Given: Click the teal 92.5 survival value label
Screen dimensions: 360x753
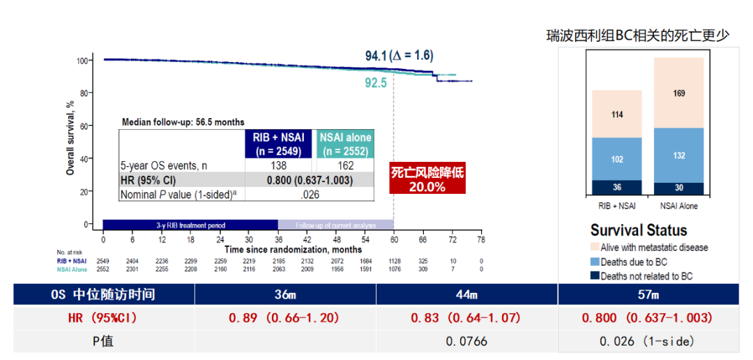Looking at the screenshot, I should (376, 83).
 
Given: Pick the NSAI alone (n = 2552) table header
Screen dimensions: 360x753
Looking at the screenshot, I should (345, 144).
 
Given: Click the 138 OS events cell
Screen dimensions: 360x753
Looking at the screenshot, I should (278, 166).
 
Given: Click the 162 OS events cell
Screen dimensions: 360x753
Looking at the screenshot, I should (345, 166).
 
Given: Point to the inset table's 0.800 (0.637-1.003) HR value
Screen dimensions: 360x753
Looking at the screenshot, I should (310, 180).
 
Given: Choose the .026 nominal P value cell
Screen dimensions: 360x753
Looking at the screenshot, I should (310, 194).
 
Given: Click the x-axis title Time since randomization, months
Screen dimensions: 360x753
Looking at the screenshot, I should (293, 249).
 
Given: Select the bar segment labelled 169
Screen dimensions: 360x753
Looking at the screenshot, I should (678, 93).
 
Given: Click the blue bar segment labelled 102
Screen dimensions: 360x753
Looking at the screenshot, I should (616, 158).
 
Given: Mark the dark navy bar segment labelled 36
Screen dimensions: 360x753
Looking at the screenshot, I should (616, 187).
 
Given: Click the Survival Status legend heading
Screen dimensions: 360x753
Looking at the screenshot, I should (639, 231).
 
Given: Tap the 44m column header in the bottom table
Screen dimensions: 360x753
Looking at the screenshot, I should (466, 294).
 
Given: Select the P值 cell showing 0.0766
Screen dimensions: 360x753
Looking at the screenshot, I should (466, 341).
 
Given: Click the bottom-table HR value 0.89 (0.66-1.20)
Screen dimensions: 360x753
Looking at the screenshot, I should (284, 317).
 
